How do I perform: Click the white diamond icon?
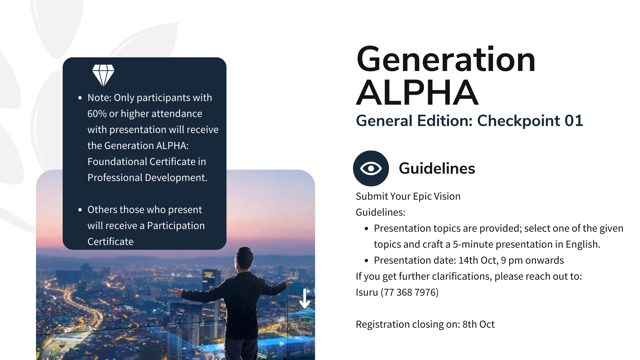(x=103, y=75)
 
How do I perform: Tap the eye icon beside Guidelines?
(x=371, y=168)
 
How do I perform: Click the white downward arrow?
(x=305, y=298)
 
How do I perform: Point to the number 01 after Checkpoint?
(x=573, y=121)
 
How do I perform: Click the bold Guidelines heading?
(x=437, y=168)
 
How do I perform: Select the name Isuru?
(x=367, y=292)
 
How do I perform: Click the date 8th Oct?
(x=478, y=324)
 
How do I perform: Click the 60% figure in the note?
(x=97, y=114)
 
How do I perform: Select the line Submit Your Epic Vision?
(x=408, y=196)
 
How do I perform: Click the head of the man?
(x=245, y=258)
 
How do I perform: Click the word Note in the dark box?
(x=99, y=98)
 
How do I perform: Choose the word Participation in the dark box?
(x=176, y=226)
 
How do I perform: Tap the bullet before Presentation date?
(x=366, y=261)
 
